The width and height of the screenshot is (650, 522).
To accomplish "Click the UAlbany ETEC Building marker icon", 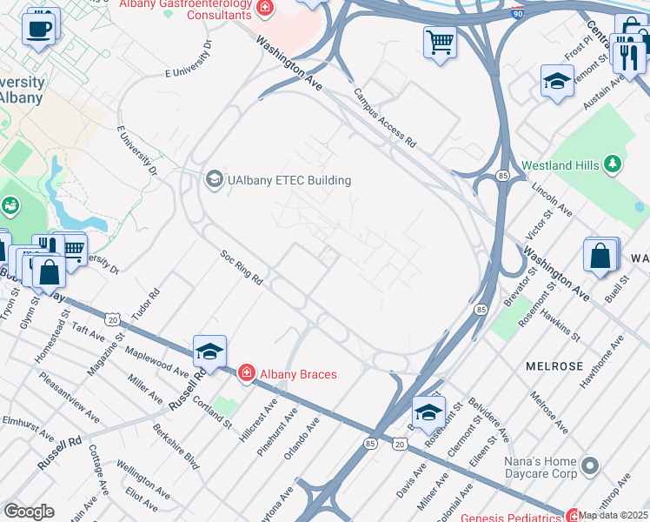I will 213,180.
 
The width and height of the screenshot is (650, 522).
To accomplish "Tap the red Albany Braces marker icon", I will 247,374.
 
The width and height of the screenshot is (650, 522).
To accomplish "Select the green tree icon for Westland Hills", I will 614,164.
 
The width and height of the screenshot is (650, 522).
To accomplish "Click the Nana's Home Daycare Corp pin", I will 591,466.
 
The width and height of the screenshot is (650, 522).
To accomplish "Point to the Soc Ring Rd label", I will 241,268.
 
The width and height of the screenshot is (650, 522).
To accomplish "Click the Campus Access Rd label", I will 384,118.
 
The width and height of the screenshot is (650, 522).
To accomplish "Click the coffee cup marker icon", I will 38,29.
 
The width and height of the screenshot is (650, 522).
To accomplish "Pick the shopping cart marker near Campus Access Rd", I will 440,41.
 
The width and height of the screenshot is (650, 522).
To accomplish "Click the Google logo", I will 29,512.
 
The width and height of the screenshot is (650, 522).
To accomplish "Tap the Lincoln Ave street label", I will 551,199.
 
